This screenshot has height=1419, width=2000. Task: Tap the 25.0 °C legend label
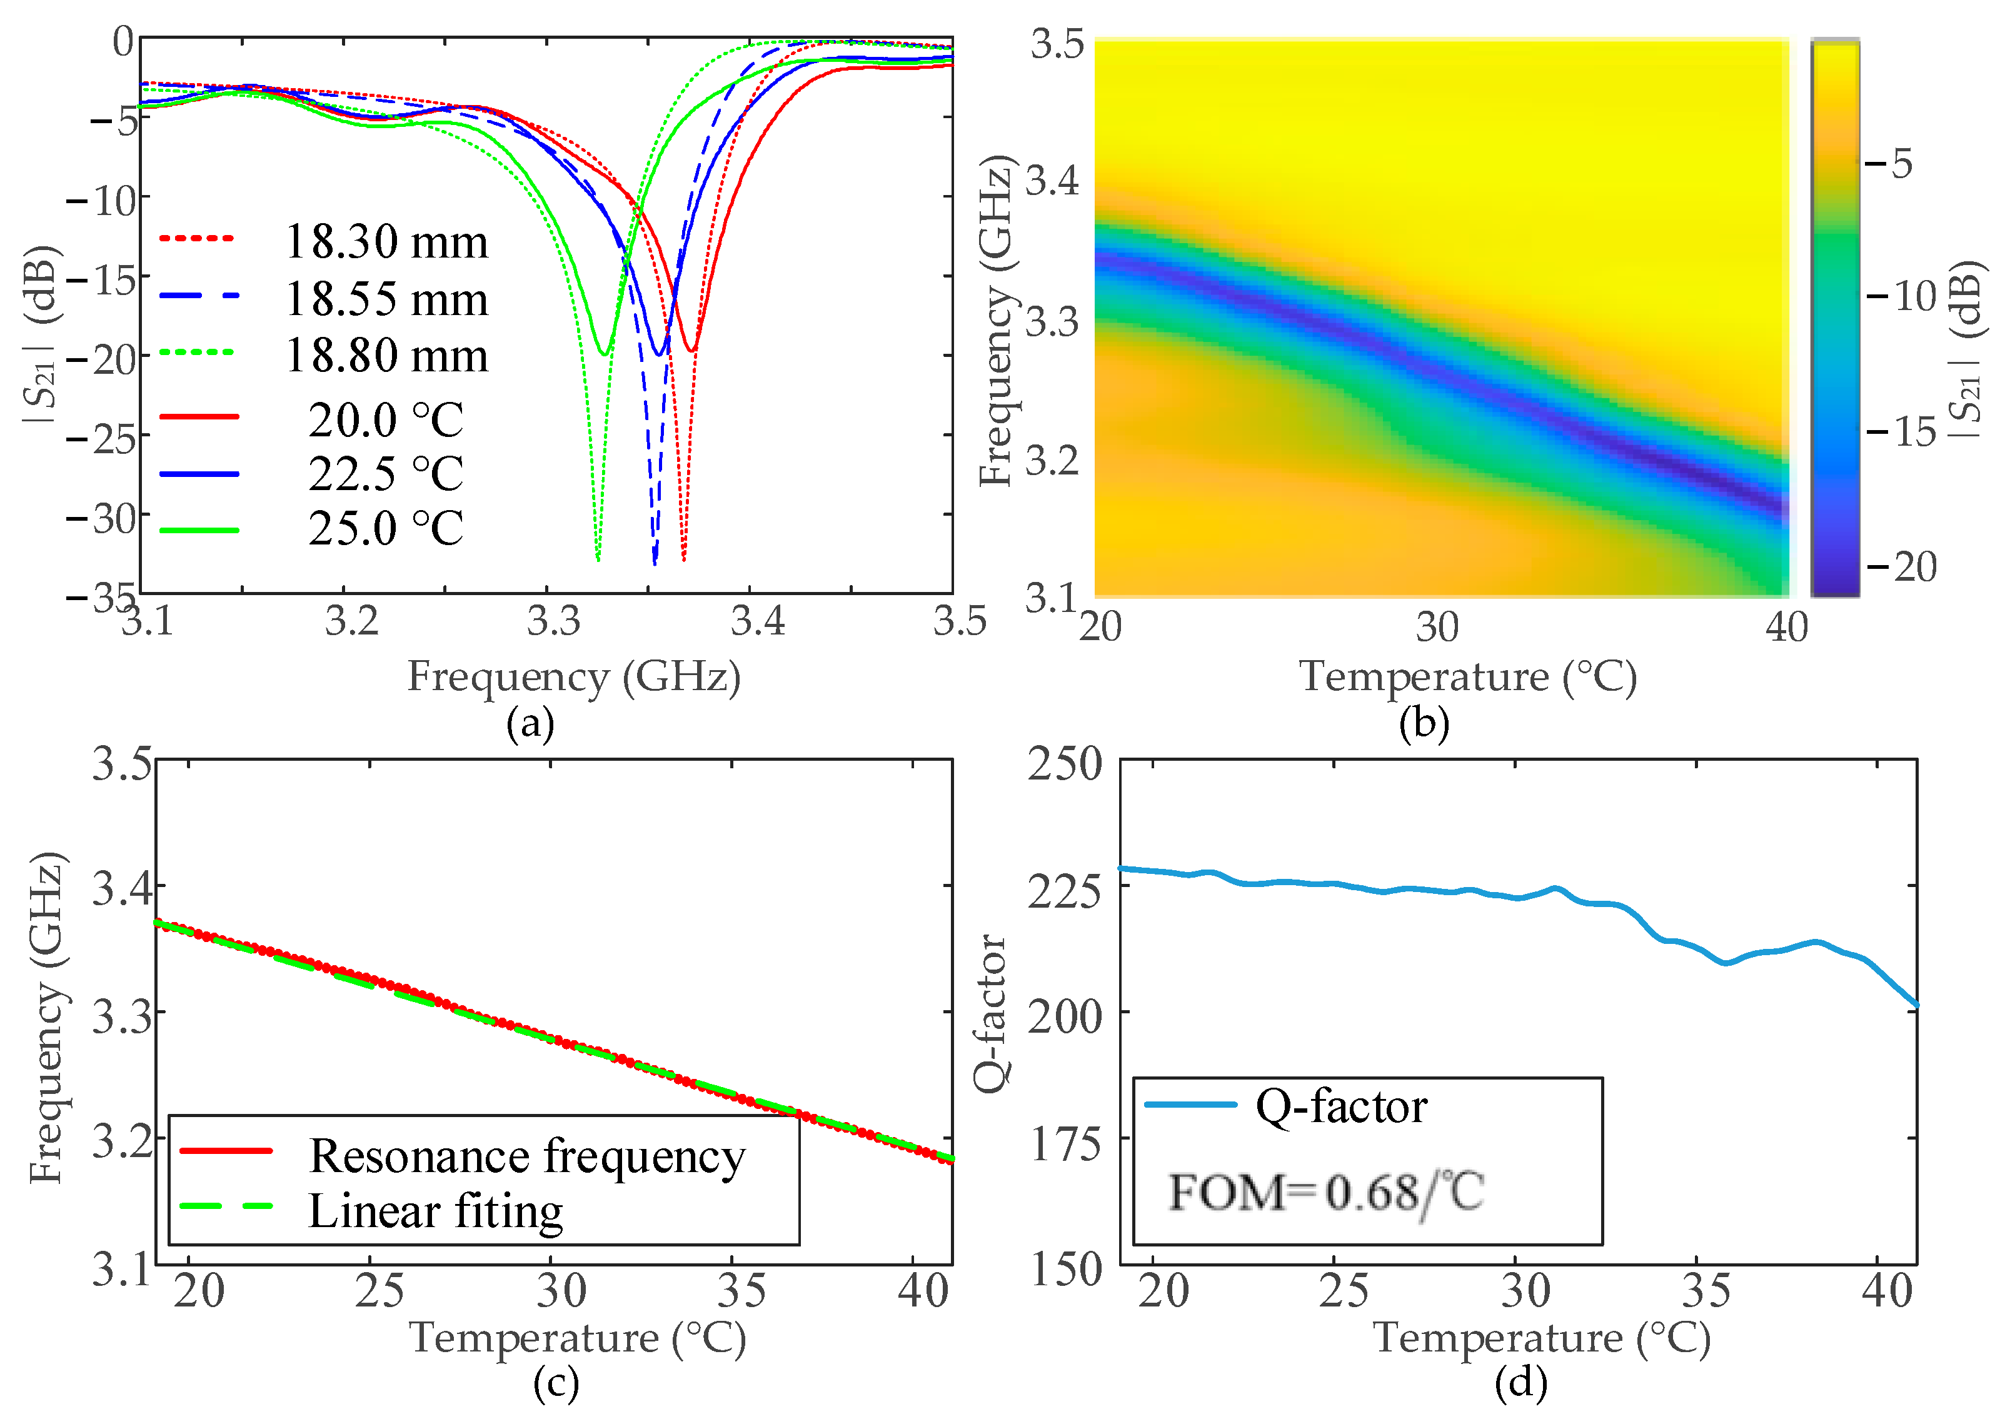pyautogui.click(x=385, y=529)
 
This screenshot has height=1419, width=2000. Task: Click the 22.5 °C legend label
pyautogui.click(x=385, y=474)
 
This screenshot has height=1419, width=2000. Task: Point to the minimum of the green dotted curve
pyautogui.click(x=598, y=559)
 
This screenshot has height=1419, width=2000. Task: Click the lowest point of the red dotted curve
pyautogui.click(x=683, y=559)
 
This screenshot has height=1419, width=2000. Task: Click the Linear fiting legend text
pyautogui.click(x=435, y=1212)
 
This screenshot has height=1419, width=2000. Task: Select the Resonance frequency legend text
pyautogui.click(x=527, y=1156)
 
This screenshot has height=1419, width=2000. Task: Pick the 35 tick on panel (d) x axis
pyautogui.click(x=1706, y=1291)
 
